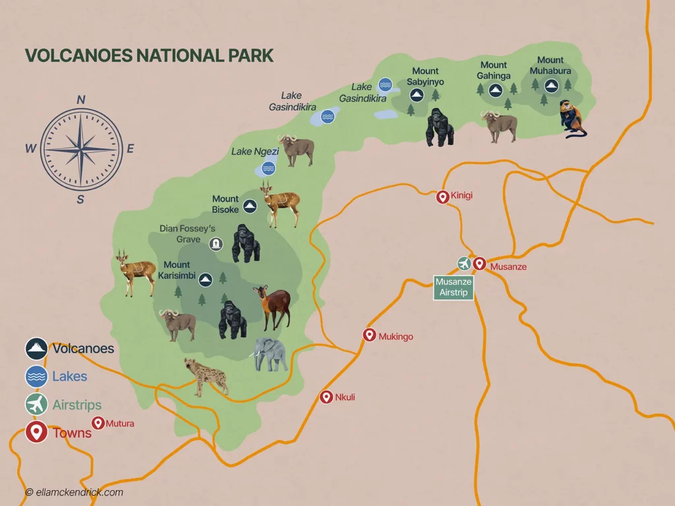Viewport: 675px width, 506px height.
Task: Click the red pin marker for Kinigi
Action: pos(443,196)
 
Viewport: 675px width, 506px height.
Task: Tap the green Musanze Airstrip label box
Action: pos(454,287)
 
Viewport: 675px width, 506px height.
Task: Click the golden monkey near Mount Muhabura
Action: pos(572,119)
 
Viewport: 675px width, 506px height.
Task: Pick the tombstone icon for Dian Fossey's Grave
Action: pos(216,244)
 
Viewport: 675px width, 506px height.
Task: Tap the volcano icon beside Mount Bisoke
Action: pos(249,206)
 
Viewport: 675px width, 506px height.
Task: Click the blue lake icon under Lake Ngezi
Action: pos(268,168)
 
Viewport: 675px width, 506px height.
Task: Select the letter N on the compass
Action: pos(81,99)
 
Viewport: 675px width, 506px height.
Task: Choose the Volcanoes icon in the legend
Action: pos(36,349)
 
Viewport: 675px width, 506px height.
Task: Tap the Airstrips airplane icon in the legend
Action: pos(36,405)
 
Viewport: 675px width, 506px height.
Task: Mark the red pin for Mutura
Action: pos(98,423)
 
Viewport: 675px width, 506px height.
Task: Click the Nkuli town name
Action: pos(345,397)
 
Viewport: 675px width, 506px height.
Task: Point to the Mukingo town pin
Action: pos(369,335)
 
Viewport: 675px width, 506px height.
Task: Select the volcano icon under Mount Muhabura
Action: pos(550,84)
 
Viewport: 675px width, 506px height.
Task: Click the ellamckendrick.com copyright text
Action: pos(74,492)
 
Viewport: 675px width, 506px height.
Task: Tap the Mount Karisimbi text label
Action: pos(176,270)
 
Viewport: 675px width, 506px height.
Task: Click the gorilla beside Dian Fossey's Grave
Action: pos(245,244)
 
